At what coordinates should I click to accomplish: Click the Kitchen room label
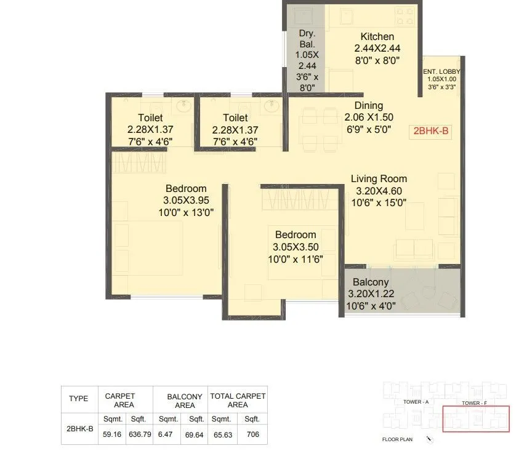click(x=377, y=36)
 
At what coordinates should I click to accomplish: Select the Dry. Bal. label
click(x=307, y=38)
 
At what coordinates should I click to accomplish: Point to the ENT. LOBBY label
click(x=441, y=72)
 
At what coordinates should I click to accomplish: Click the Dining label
click(x=368, y=105)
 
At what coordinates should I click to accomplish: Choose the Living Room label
click(x=379, y=179)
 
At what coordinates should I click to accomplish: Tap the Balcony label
click(x=371, y=282)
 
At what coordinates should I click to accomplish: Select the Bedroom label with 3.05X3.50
click(x=296, y=234)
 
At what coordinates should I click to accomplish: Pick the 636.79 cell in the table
click(x=139, y=434)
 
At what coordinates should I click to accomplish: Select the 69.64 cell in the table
click(x=196, y=434)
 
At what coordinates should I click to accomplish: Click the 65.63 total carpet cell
click(x=223, y=434)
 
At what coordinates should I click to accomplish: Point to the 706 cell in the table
click(x=252, y=434)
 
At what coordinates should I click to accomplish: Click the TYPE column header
click(x=78, y=399)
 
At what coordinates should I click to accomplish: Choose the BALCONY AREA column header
click(x=184, y=401)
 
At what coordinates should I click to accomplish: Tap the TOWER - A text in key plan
click(x=416, y=402)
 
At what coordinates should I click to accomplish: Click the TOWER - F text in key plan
click(x=475, y=402)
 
